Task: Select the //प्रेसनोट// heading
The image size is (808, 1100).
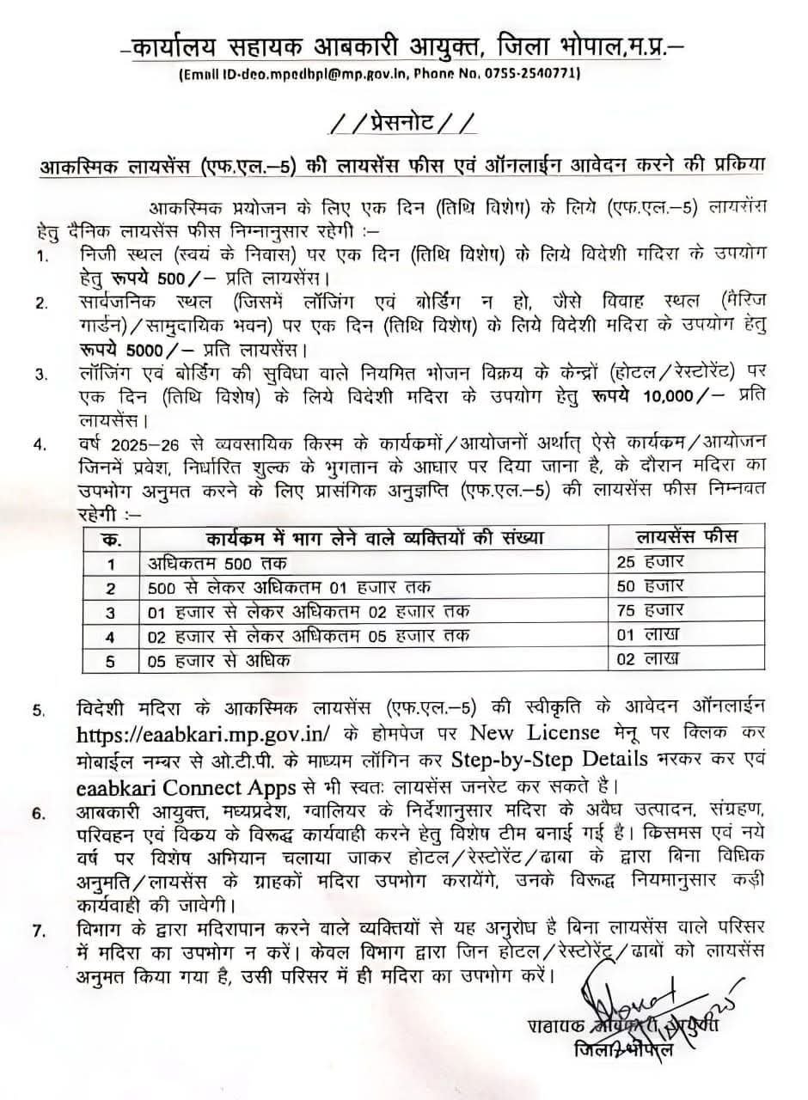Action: [403, 125]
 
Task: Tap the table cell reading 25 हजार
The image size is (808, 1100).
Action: [651, 563]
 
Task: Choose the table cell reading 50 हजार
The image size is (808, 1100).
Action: [651, 587]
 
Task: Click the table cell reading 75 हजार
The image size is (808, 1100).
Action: [651, 611]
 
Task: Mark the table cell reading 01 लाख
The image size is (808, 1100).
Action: [648, 635]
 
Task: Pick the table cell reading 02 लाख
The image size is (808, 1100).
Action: [648, 659]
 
